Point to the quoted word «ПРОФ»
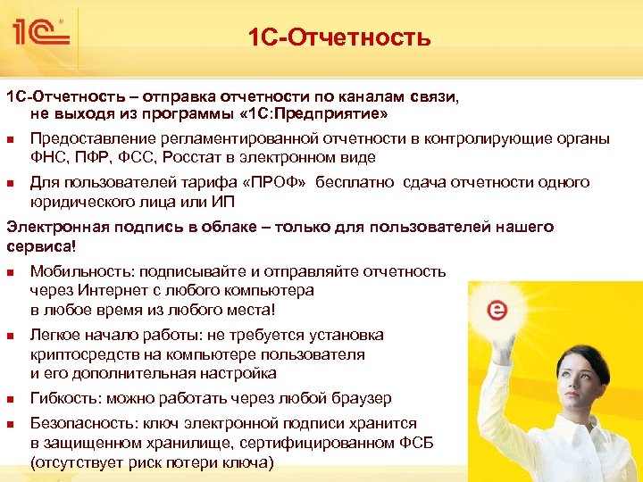273,182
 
